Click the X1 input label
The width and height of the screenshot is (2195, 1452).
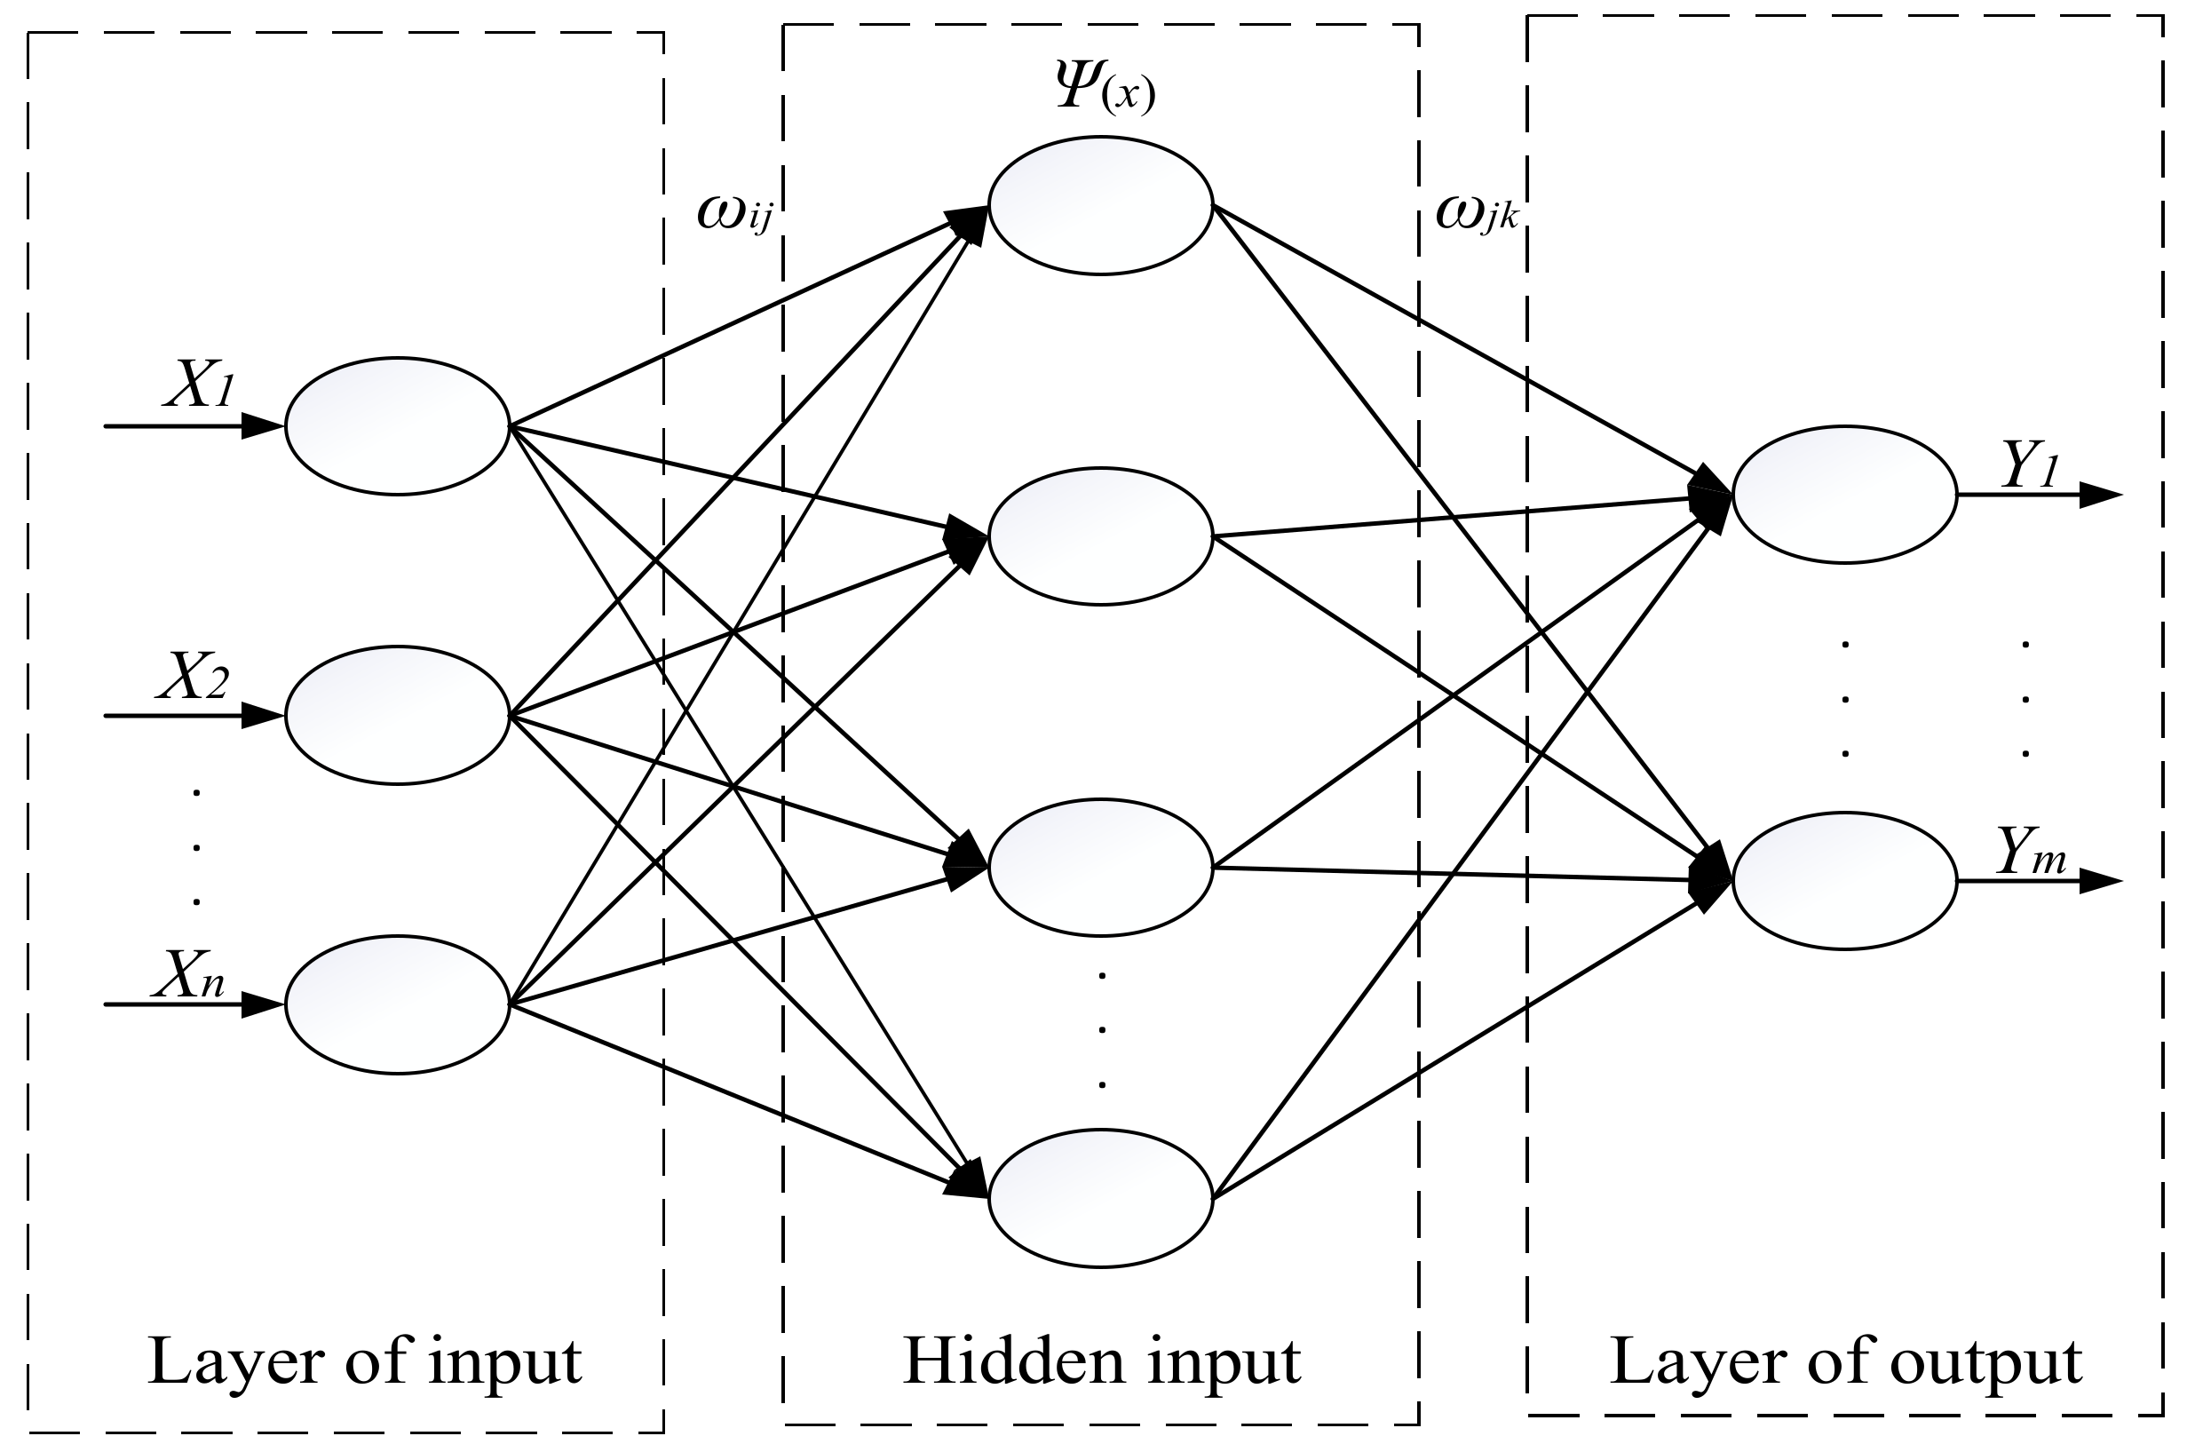[198, 384]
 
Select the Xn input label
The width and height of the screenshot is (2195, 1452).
[191, 974]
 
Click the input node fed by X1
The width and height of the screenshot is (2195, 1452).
[397, 426]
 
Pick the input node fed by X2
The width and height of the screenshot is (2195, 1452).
[397, 715]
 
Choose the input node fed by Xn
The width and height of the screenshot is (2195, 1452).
[397, 1004]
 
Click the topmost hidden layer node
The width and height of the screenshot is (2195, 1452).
[1100, 205]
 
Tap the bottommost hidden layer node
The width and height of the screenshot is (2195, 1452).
[1100, 1198]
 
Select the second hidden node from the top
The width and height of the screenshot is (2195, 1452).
[1100, 536]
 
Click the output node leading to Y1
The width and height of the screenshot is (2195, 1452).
[1844, 495]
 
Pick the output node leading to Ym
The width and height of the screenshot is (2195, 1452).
[1844, 881]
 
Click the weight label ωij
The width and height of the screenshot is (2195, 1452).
[733, 214]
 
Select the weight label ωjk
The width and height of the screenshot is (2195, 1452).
[1476, 214]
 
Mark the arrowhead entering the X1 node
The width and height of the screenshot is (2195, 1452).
[262, 426]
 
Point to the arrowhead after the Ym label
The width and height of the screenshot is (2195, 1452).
[2099, 881]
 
